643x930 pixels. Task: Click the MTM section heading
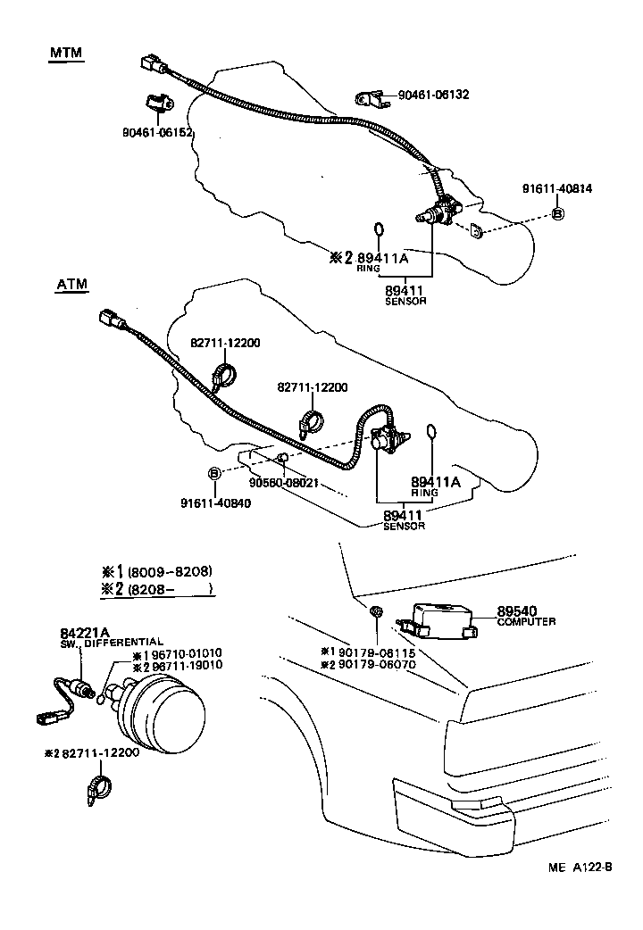click(64, 53)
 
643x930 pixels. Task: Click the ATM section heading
click(71, 285)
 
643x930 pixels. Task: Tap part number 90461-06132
click(433, 95)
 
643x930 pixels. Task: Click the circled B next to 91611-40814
click(556, 214)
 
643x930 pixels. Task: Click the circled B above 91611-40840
click(214, 472)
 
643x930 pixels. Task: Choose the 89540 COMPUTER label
click(527, 616)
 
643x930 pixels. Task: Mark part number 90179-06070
click(362, 665)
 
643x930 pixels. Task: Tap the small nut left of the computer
click(377, 612)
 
